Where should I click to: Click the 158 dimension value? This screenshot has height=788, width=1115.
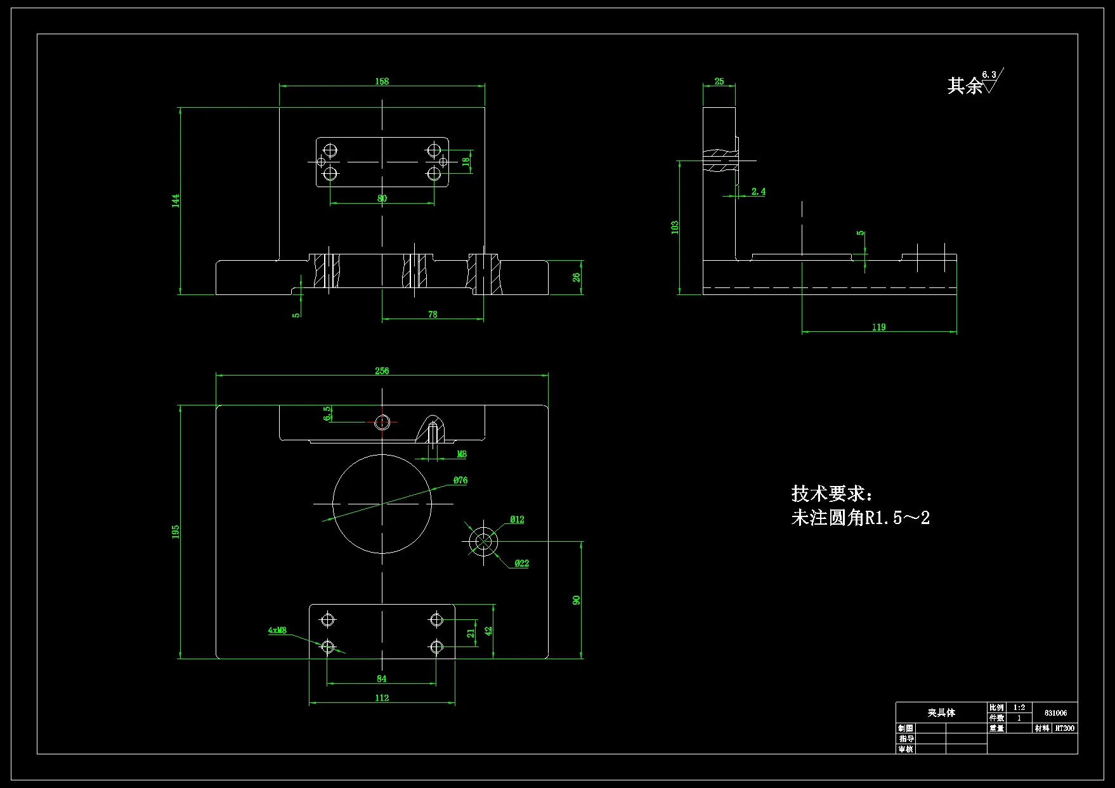382,81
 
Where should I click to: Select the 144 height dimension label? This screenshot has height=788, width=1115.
176,200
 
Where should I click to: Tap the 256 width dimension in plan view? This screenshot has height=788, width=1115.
382,371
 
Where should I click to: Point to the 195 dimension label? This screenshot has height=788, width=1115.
176,532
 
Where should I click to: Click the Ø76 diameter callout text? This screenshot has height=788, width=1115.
460,480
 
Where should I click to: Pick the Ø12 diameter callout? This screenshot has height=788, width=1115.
517,520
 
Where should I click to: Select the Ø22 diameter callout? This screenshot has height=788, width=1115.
521,563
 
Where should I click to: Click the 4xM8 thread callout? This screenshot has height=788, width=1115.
277,630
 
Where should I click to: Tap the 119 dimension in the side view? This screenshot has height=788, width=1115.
878,327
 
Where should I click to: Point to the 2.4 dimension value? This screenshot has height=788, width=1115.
758,191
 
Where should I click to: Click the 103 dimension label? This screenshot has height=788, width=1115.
675,227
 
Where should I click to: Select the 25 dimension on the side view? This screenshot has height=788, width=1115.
719,81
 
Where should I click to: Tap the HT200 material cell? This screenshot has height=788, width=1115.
1065,728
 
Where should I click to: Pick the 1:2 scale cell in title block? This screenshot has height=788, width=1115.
1019,707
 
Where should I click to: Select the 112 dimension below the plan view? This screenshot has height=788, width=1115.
382,698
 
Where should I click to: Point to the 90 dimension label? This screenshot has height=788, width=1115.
577,600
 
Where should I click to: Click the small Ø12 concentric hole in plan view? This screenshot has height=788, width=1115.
483,542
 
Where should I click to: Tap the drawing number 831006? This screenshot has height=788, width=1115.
1055,712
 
